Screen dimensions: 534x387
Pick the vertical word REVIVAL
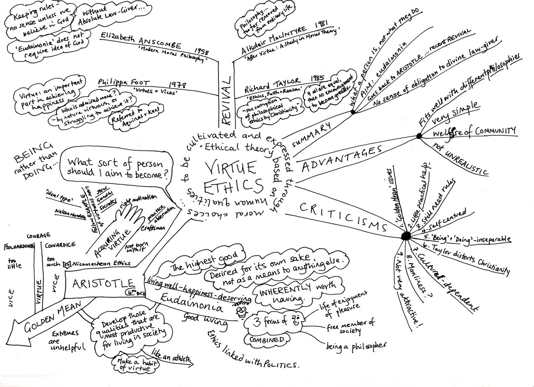click(227, 100)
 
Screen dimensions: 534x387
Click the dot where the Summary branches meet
click(353, 113)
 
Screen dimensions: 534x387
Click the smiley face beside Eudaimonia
click(241, 311)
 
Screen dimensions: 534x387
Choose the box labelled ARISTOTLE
click(103, 284)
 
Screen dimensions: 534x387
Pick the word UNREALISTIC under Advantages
click(468, 164)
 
